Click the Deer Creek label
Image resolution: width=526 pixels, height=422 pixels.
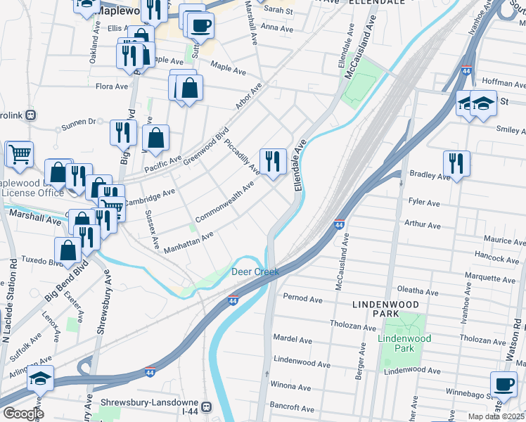tap(255, 271)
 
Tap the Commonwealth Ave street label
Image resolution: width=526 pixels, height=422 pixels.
tap(224, 203)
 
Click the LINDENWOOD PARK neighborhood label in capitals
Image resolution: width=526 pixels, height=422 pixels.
tap(386, 309)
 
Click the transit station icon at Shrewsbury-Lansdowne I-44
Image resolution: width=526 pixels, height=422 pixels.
tap(207, 407)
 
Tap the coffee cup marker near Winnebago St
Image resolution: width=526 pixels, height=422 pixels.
tap(503, 385)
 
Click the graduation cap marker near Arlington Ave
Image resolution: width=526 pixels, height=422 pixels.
tap(41, 378)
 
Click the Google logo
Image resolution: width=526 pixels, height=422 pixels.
tap(23, 414)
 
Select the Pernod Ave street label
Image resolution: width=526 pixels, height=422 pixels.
tap(302, 299)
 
